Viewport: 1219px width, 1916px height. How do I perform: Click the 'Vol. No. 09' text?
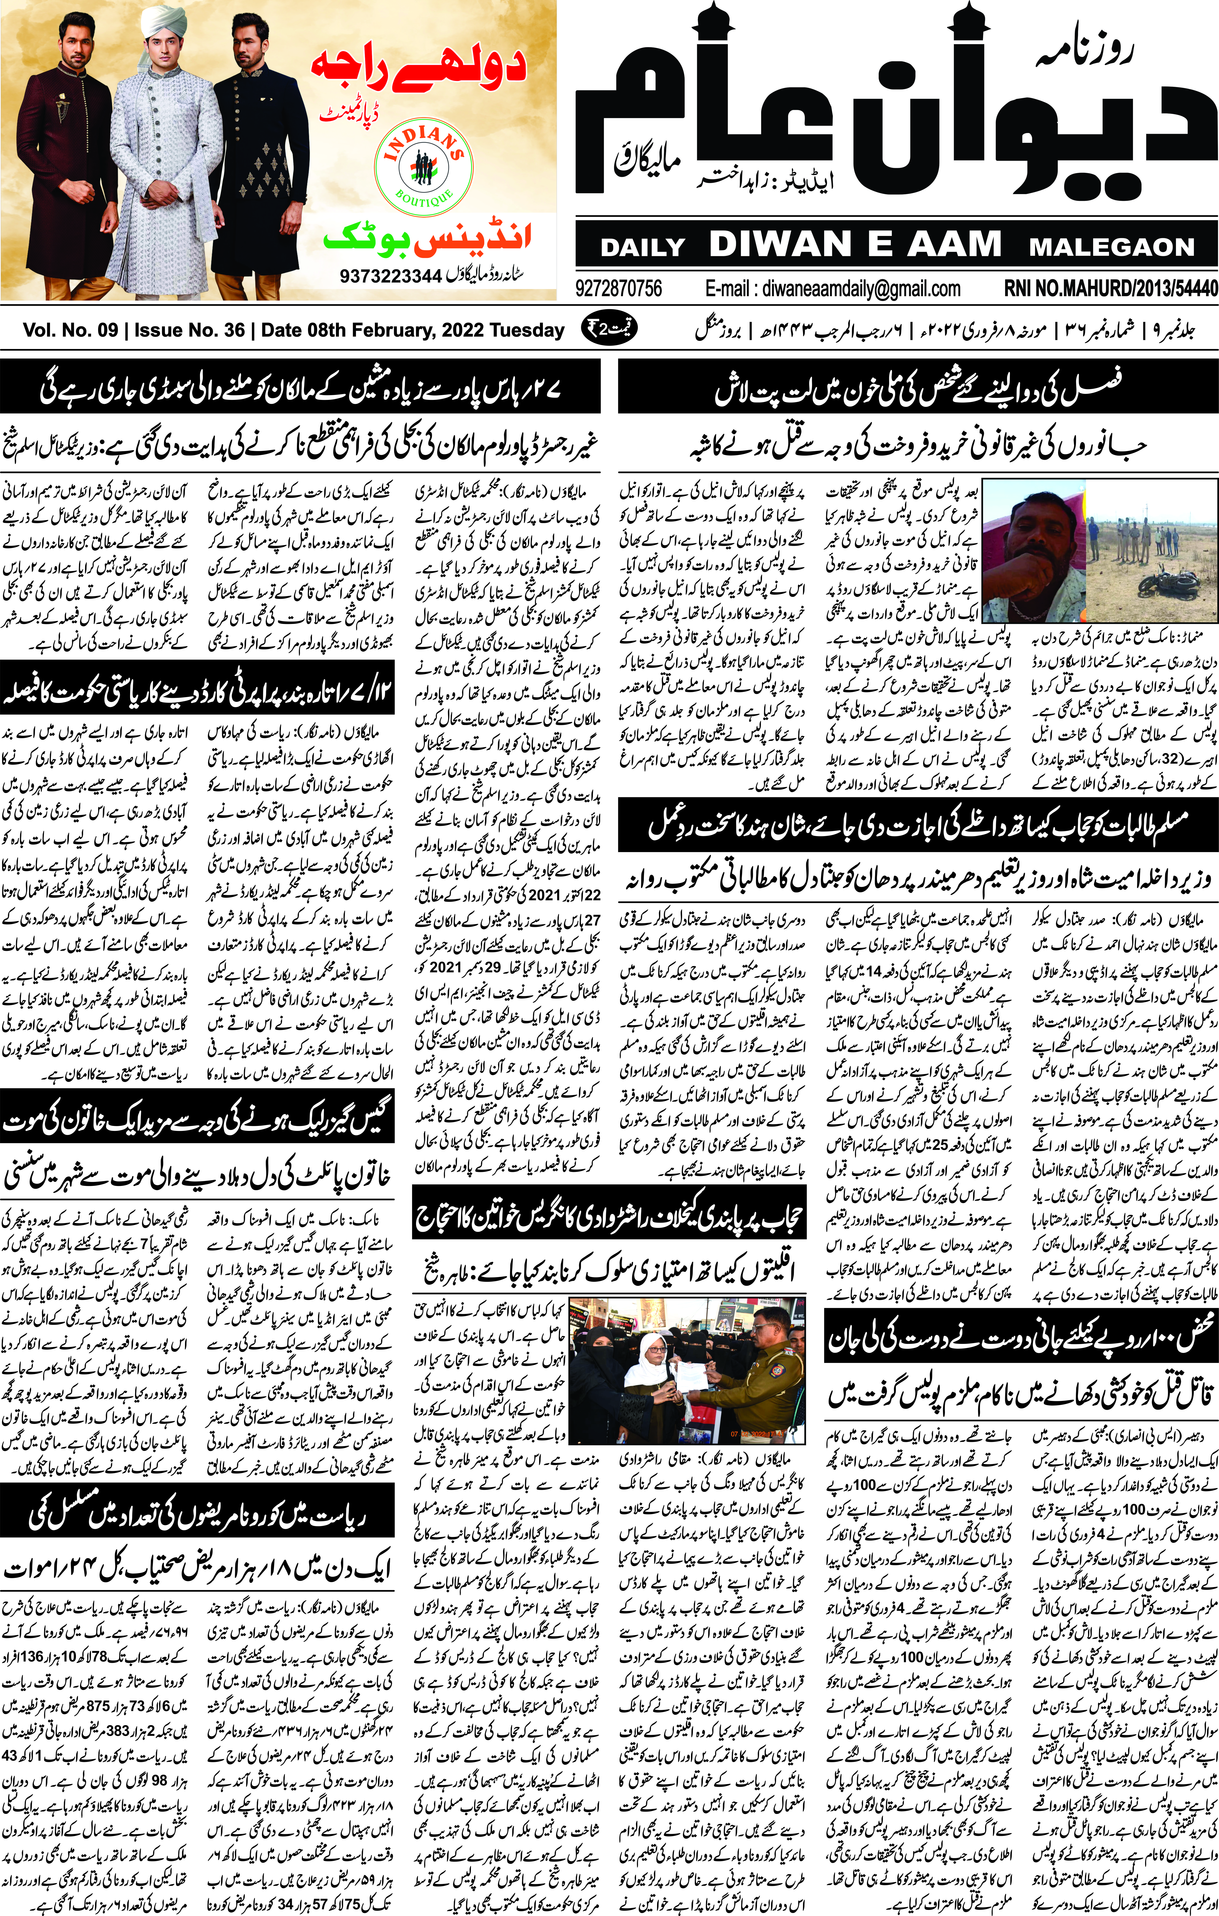(70, 330)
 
